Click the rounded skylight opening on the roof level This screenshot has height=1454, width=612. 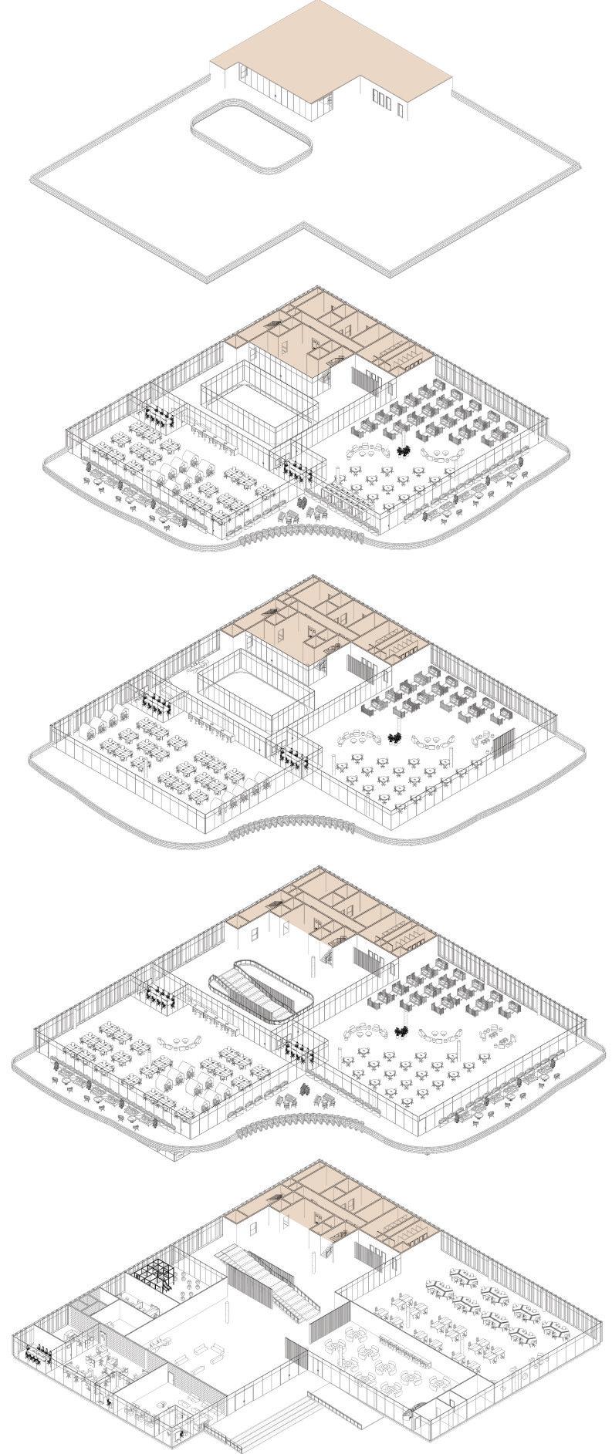[251, 140]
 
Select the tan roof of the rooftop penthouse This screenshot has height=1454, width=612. [332, 46]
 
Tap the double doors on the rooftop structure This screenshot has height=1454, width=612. [381, 97]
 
